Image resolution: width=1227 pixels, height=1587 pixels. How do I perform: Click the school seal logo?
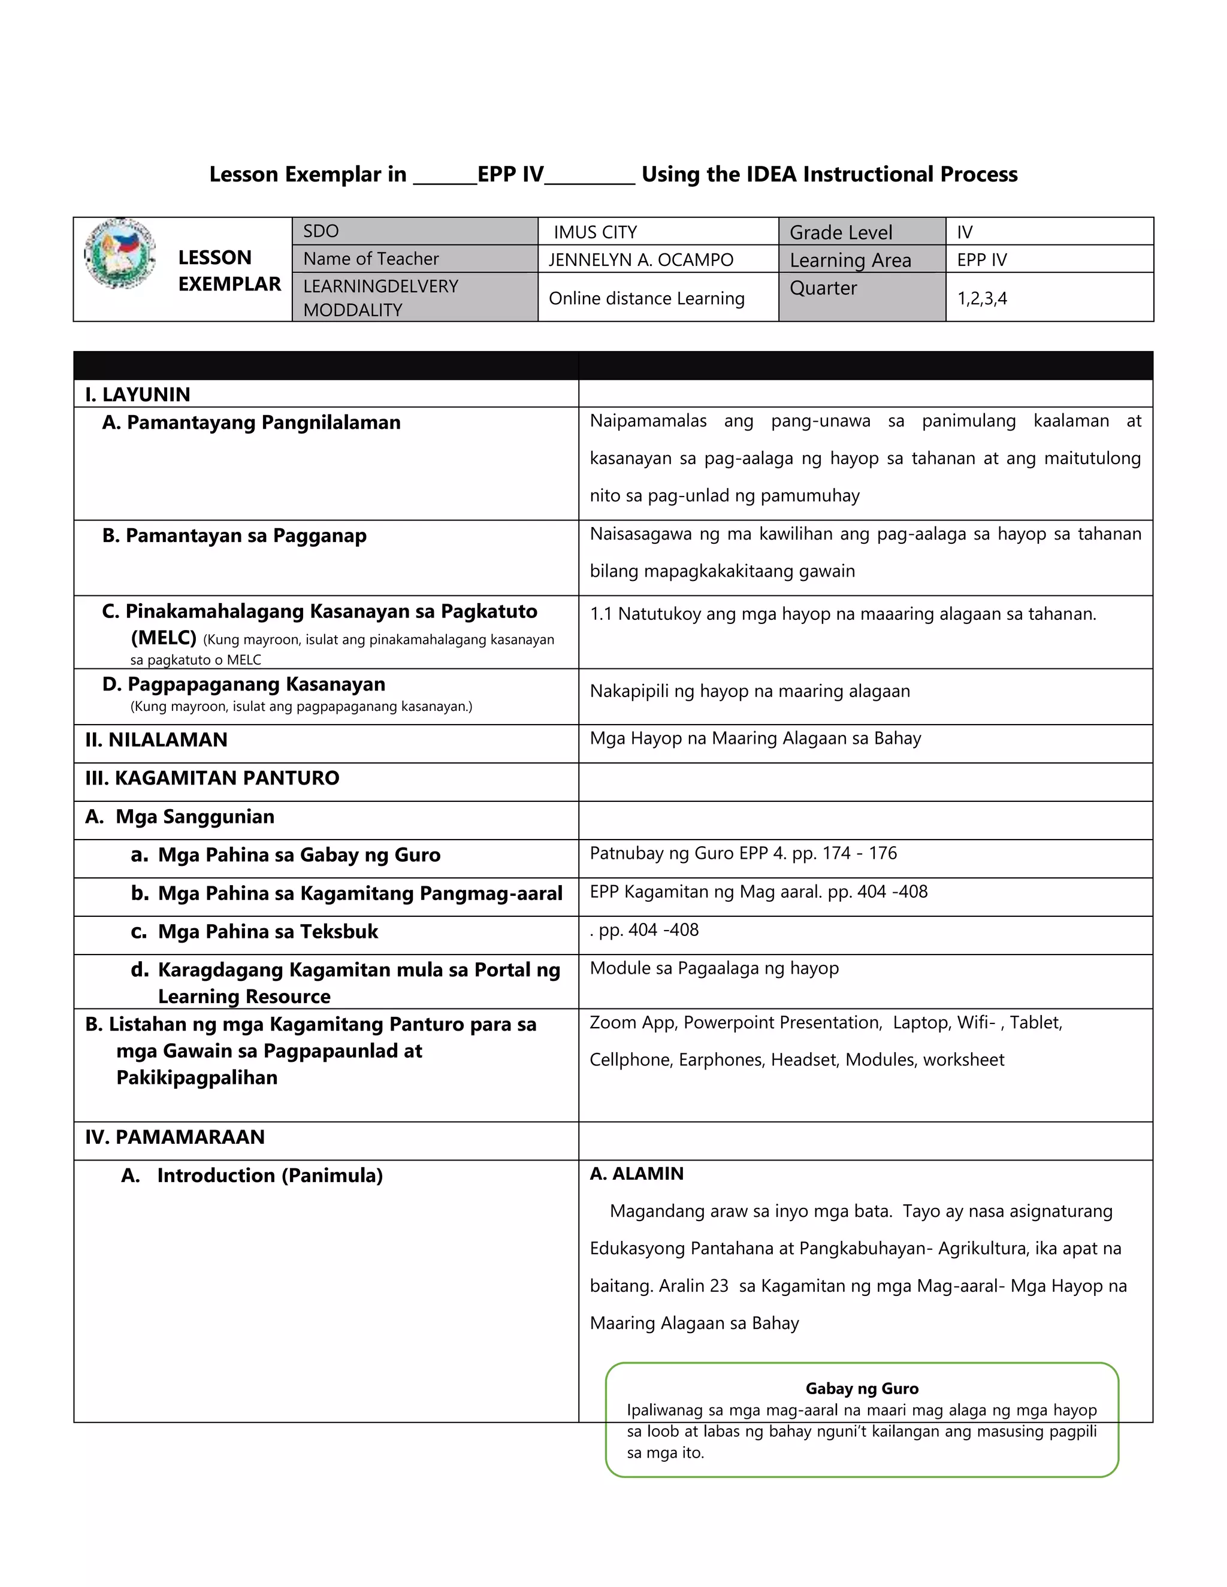120,253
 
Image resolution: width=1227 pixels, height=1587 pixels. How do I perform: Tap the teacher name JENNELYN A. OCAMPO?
640,259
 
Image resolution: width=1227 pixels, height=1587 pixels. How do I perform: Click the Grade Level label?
841,232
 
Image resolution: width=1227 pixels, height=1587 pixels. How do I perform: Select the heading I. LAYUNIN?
137,395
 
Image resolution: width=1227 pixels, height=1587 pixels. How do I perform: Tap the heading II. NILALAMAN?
156,740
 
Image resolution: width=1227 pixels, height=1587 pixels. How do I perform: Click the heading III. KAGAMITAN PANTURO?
211,779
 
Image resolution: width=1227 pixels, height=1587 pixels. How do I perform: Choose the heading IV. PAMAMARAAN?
174,1137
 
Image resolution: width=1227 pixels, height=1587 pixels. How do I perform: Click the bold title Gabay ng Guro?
862,1389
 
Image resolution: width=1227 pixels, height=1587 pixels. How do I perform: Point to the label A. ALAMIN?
637,1174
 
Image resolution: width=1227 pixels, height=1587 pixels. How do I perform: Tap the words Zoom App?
633,1022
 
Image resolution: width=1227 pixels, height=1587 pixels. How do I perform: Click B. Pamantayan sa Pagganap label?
234,536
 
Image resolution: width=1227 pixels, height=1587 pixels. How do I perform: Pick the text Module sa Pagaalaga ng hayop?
714,968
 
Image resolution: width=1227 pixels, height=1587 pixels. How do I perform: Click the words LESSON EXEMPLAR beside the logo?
229,270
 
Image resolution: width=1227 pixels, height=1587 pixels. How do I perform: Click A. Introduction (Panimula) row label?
252,1176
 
